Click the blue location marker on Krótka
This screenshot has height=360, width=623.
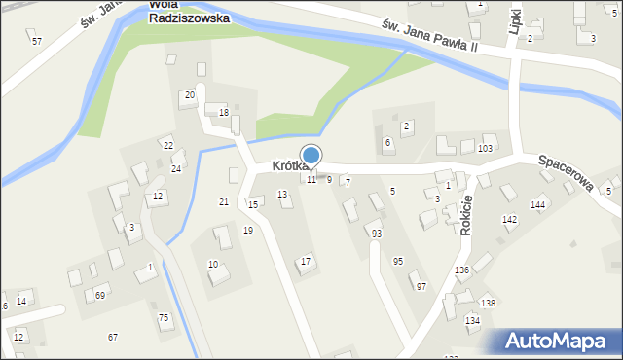pyautogui.click(x=311, y=156)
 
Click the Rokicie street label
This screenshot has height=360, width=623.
pyautogui.click(x=466, y=213)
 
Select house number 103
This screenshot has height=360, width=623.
pyautogui.click(x=485, y=148)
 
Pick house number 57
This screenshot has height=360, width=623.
pyautogui.click(x=36, y=41)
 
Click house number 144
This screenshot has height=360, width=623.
pyautogui.click(x=537, y=205)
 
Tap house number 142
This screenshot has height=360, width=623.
pyautogui.click(x=509, y=220)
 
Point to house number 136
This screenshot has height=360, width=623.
pyautogui.click(x=461, y=270)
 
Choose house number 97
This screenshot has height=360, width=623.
pyautogui.click(x=421, y=286)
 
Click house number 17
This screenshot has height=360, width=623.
pyautogui.click(x=306, y=261)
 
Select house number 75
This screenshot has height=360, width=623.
pyautogui.click(x=164, y=317)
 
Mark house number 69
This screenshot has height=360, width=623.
pyautogui.click(x=100, y=295)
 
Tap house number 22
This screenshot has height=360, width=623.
pyautogui.click(x=167, y=145)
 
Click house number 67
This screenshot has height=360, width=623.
pyautogui.click(x=113, y=337)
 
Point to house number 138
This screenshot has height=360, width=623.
pyautogui.click(x=488, y=304)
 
